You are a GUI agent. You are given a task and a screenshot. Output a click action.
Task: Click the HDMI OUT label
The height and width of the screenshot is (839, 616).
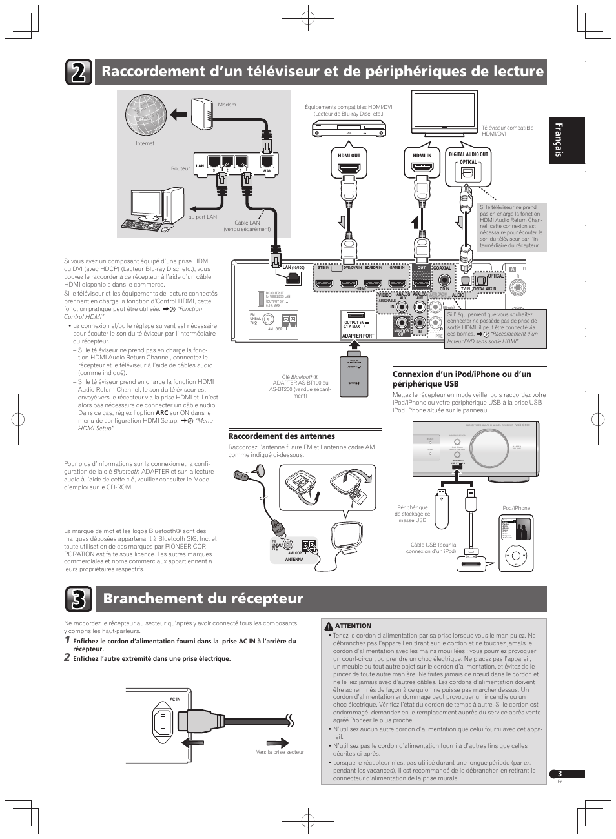(349, 156)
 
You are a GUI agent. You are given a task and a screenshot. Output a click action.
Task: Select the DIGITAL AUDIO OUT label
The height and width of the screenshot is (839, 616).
(468, 154)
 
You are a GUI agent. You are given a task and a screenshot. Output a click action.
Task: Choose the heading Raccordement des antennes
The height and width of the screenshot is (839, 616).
(282, 436)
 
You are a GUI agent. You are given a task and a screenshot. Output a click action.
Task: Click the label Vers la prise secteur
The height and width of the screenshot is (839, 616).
(280, 752)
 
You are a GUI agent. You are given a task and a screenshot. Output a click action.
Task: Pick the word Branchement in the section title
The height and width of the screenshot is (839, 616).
(148, 598)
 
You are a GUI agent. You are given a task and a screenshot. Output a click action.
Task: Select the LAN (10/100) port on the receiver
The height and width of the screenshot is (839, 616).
(293, 278)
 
